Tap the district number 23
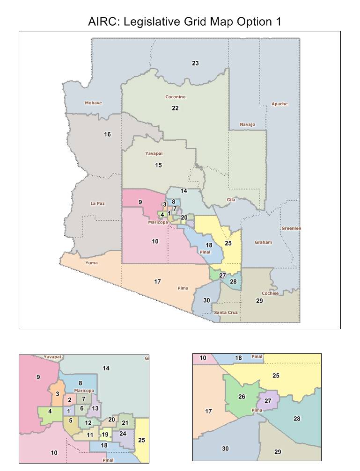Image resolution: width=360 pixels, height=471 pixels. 195,63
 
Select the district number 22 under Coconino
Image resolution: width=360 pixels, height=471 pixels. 175,108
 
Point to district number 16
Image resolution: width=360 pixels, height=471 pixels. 107,135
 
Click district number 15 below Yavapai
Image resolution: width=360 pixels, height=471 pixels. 159,165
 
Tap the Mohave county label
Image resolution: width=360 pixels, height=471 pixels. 93,103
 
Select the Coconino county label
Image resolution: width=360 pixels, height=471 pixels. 176,97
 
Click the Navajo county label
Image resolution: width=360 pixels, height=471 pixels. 247,124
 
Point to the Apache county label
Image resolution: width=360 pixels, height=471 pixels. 279,104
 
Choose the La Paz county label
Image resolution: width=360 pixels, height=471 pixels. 98,203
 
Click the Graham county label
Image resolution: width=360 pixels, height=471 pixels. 263,243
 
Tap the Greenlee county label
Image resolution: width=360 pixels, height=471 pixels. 291,228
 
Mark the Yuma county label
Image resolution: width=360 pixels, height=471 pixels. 91,263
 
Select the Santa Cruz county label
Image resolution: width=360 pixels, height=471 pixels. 226,312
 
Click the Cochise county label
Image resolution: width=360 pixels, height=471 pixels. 270,293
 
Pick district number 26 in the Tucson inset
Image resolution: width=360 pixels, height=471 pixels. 242,397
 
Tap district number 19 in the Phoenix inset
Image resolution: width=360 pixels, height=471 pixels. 105,435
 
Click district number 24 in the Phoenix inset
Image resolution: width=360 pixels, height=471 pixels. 123,434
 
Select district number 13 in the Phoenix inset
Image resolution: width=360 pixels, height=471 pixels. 95,408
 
